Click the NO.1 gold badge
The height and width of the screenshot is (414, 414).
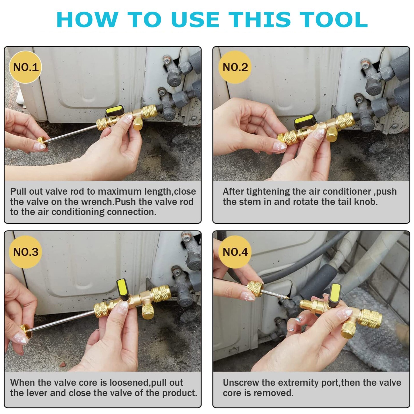[26, 67]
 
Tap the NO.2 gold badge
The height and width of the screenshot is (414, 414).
[235, 67]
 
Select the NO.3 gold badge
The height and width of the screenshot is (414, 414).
[26, 252]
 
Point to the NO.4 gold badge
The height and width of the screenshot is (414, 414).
[235, 252]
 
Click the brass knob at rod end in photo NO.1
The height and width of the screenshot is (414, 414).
[41, 142]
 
